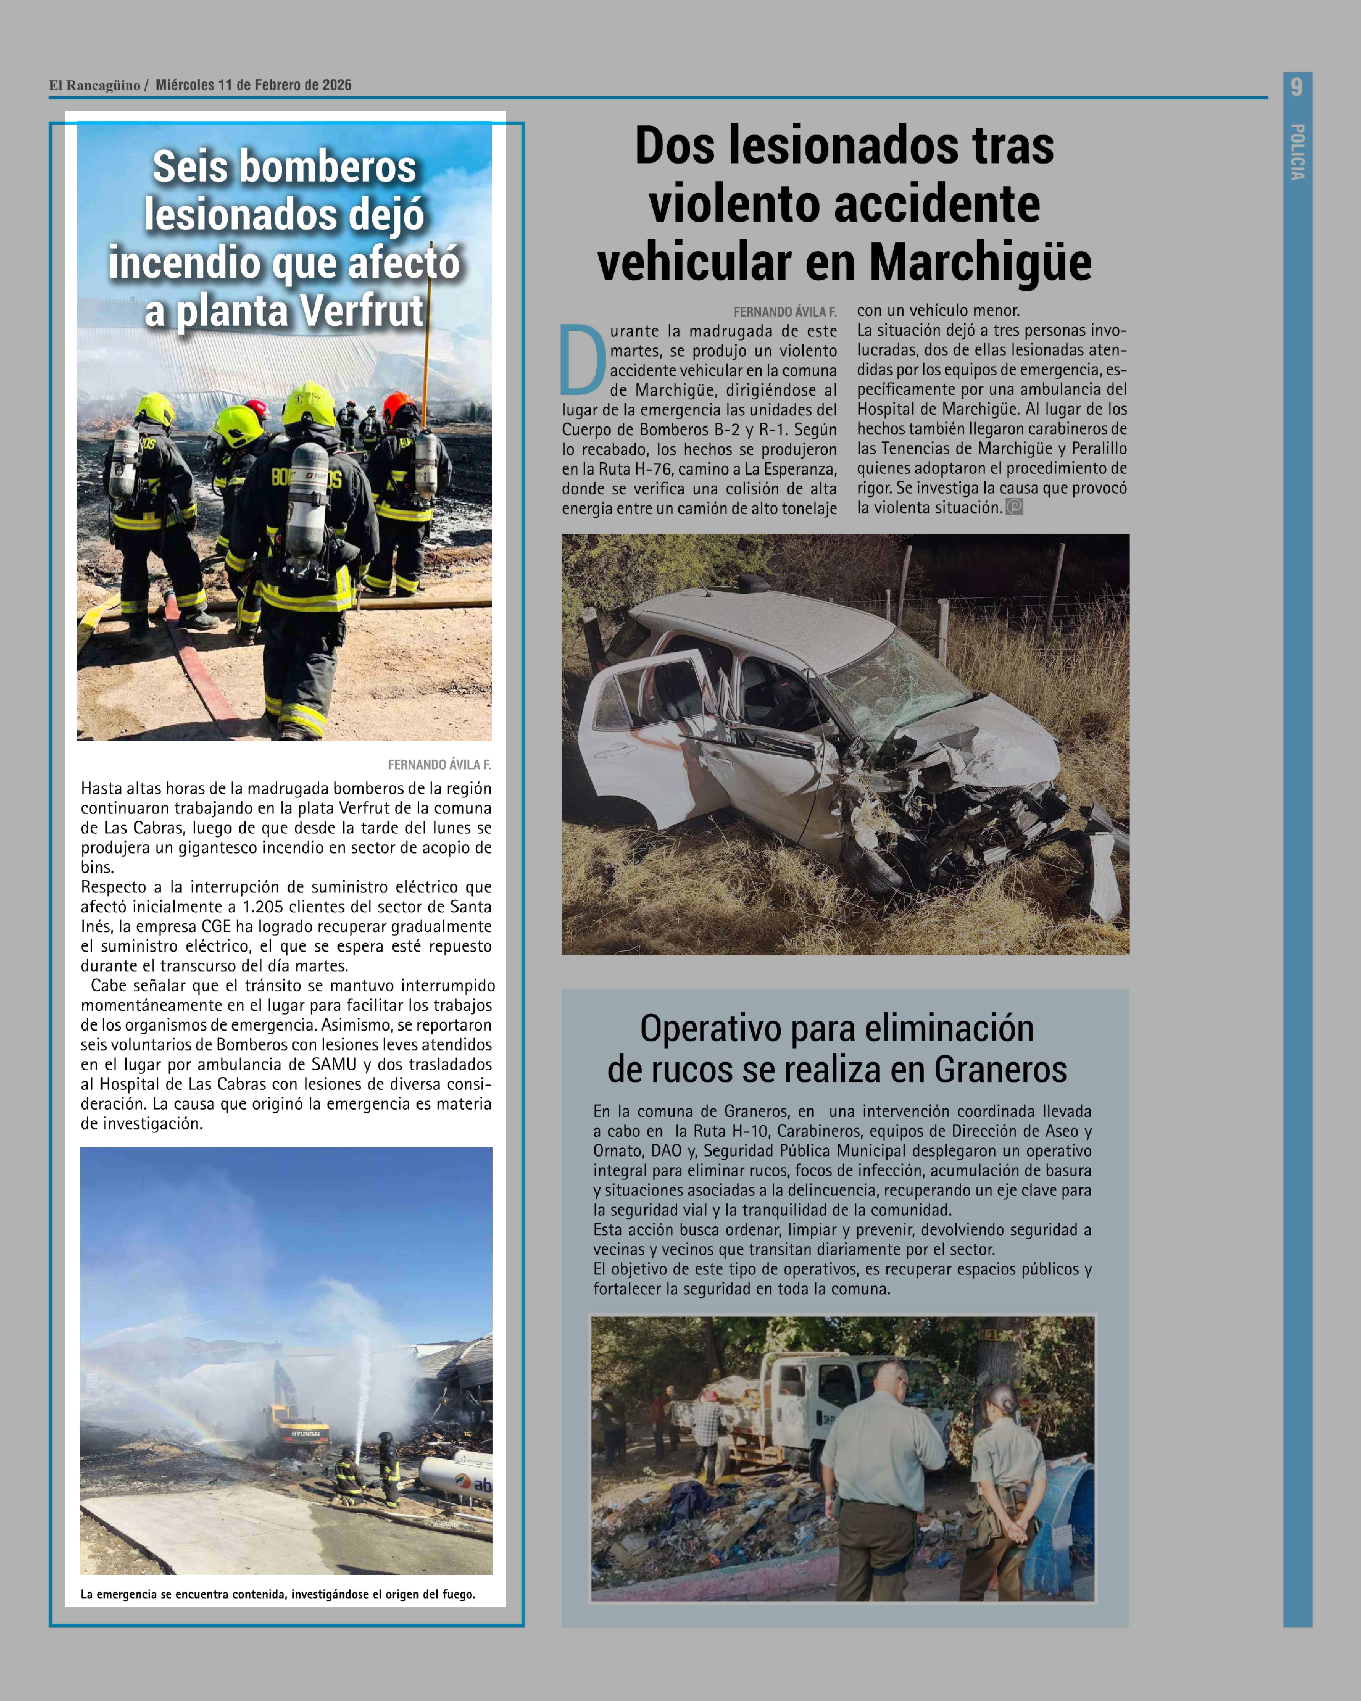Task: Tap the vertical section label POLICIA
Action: click(x=1297, y=151)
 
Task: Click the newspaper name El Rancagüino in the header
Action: click(x=95, y=85)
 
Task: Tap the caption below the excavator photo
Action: click(x=278, y=1595)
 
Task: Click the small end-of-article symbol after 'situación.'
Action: click(x=1014, y=507)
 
